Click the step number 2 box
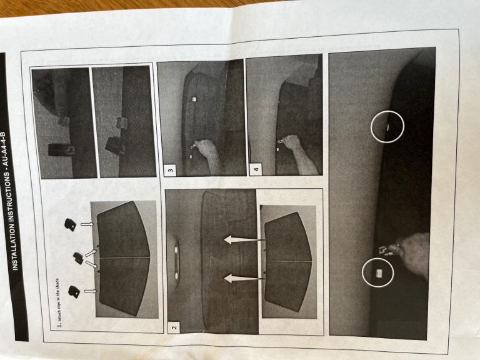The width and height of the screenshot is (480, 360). click(x=174, y=327)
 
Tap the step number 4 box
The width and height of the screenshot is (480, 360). click(x=256, y=169)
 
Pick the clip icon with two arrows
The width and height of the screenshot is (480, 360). click(x=78, y=257)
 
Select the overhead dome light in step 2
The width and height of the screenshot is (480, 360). click(x=176, y=261)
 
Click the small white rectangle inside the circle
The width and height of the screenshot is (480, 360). click(x=379, y=272)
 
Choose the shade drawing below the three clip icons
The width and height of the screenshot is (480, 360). click(x=123, y=258)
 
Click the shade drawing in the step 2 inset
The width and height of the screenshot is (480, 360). click(x=288, y=262)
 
